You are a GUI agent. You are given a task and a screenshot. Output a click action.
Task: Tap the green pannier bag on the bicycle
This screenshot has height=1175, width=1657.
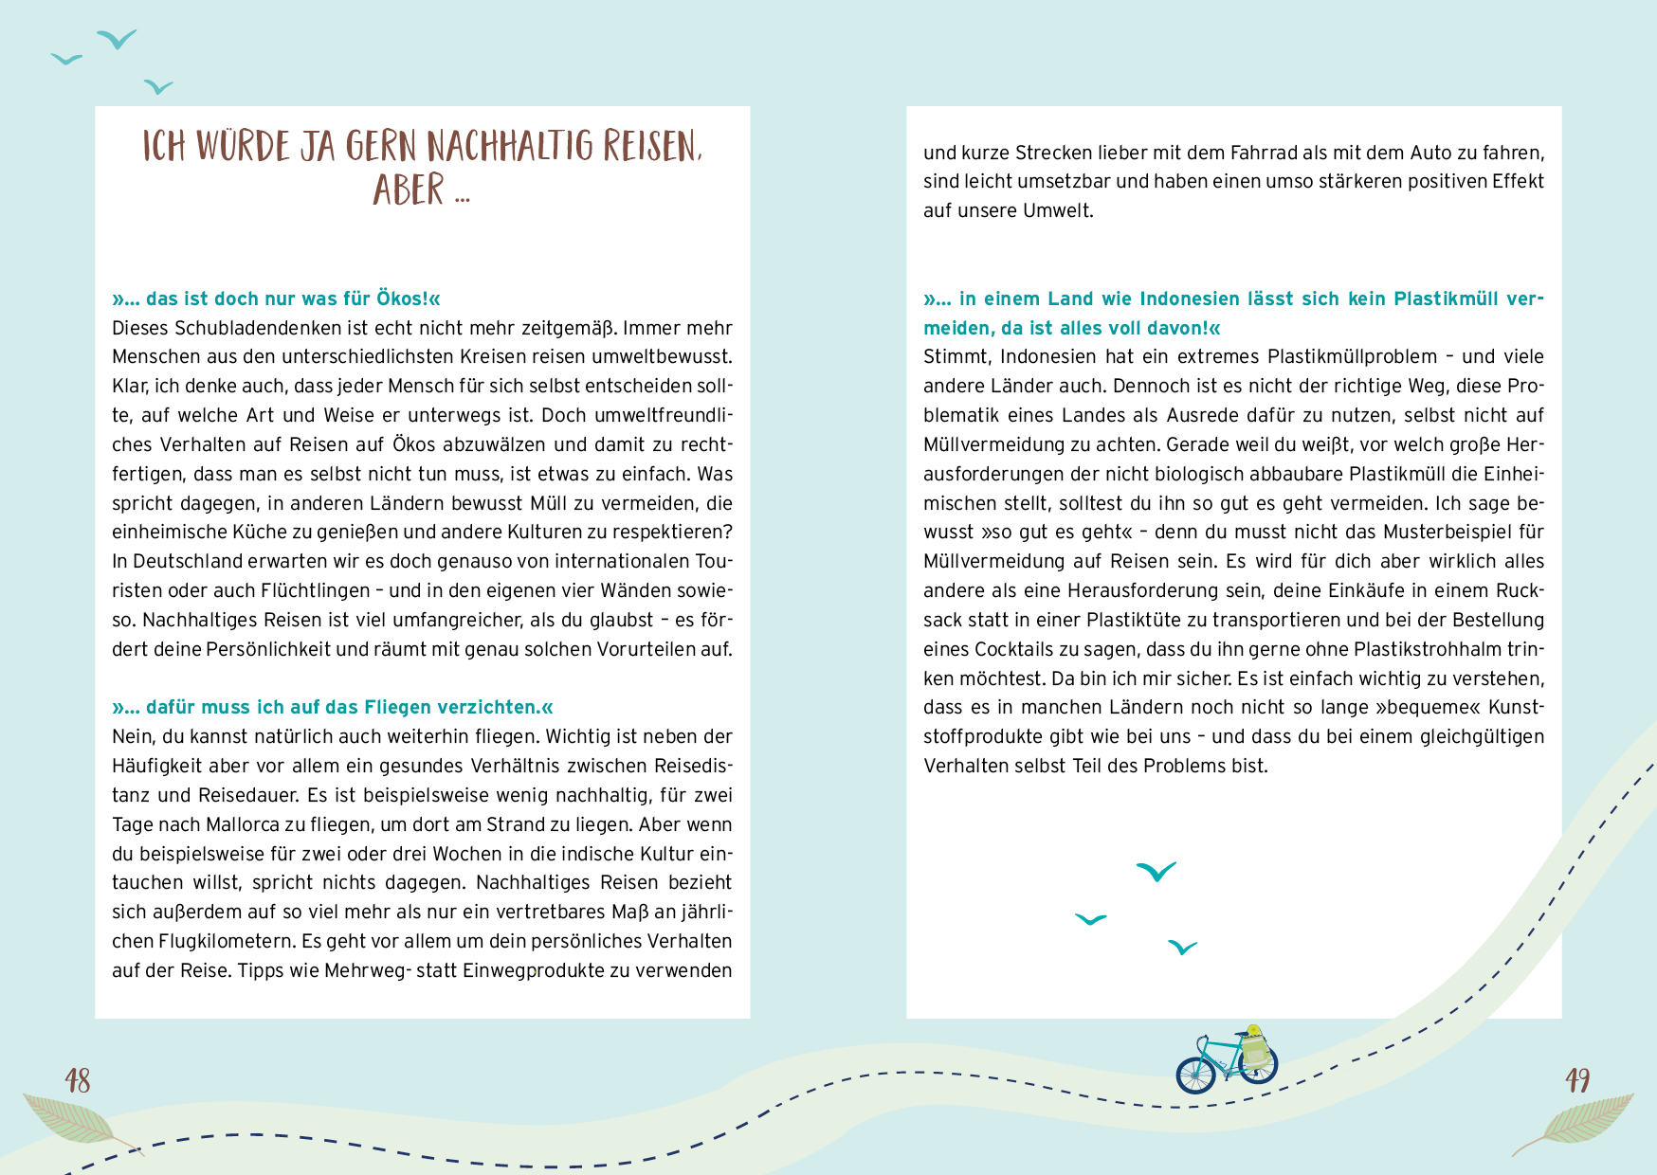pos(1255,1051)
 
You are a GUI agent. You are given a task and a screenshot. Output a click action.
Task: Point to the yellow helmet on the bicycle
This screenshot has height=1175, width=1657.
pos(1253,1030)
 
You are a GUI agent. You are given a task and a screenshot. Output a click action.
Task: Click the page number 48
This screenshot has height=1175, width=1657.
pos(78,1080)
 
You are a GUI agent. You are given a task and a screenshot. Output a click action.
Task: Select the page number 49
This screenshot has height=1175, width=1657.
pos(1577,1080)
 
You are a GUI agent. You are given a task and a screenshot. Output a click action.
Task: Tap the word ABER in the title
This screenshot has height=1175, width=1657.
pos(409,190)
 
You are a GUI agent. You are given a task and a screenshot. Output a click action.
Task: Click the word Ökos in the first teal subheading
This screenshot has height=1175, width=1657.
pos(401,298)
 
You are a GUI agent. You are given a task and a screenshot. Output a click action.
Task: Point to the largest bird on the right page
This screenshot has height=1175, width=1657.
pos(1156,871)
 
